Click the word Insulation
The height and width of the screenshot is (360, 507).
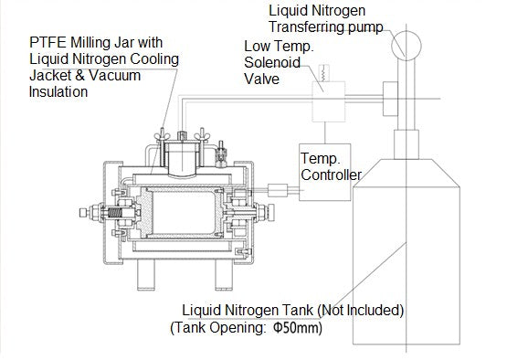click(x=61, y=91)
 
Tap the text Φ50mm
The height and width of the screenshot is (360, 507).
click(x=298, y=326)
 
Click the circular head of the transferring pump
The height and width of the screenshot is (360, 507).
click(x=401, y=43)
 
